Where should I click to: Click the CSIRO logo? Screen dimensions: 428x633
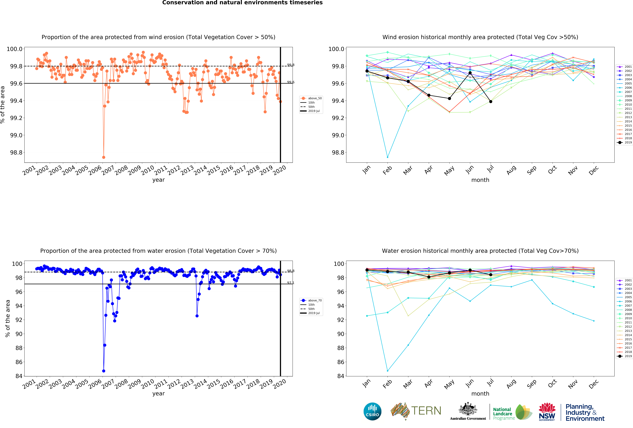372,411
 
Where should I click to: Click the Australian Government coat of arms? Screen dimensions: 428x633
468,409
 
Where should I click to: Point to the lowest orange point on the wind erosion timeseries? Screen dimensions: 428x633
104,157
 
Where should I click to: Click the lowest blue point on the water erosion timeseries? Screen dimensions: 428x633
104,371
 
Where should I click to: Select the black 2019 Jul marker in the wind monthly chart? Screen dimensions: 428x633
491,102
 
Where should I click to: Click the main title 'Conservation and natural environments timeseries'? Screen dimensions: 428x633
242,3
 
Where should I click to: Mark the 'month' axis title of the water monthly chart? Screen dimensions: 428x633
480,394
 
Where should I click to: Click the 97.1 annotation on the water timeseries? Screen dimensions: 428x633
291,283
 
